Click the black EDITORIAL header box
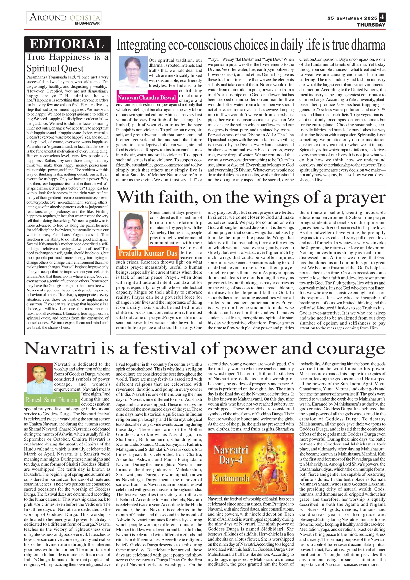67,44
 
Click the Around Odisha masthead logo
64,18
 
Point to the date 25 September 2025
352,18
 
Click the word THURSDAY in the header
371,25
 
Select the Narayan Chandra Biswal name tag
146,97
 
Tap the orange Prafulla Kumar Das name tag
148,253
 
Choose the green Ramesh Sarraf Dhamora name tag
52,400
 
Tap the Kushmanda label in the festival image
231,478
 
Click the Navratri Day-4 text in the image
230,455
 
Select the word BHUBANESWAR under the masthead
87,24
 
